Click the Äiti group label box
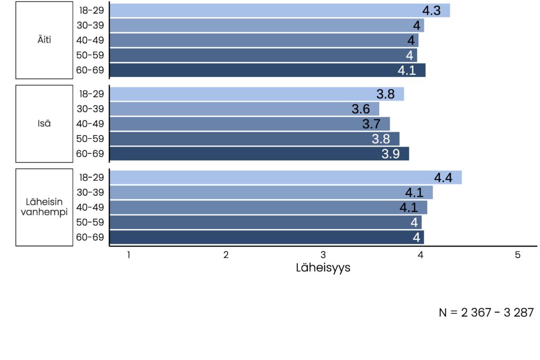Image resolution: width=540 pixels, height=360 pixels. pyautogui.click(x=44, y=40)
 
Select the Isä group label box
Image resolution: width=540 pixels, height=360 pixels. pyautogui.click(x=44, y=124)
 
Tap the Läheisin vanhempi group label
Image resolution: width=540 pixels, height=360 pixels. pyautogui.click(x=44, y=207)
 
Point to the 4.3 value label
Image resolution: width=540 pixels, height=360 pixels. pyautogui.click(x=431, y=11)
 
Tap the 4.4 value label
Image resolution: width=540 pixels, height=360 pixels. pyautogui.click(x=443, y=178)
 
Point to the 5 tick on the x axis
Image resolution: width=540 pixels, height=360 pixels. pyautogui.click(x=517, y=255)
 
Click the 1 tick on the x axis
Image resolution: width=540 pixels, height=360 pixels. pyautogui.click(x=128, y=255)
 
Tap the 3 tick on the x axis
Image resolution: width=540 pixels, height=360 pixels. pyautogui.click(x=323, y=255)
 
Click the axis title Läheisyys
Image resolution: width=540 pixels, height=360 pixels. pyautogui.click(x=323, y=268)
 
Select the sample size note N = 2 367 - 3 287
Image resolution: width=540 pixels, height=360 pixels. pyautogui.click(x=486, y=313)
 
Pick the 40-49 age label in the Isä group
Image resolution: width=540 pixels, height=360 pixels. pyautogui.click(x=90, y=124)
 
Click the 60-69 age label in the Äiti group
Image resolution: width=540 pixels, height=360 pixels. pyautogui.click(x=90, y=70)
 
